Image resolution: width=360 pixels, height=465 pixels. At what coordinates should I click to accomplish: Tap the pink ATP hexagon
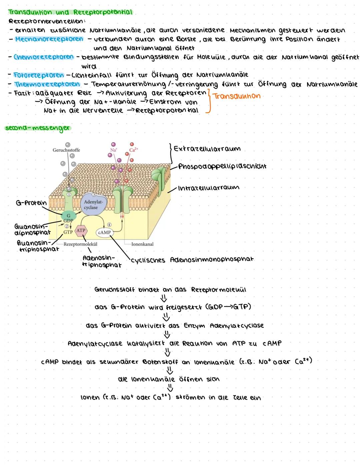[x=81, y=230]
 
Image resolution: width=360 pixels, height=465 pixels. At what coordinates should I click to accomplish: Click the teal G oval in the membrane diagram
[x=69, y=216]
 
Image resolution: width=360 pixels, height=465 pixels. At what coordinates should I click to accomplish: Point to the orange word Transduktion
[x=236, y=96]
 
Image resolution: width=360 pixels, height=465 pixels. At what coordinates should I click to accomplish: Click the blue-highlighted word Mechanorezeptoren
[x=49, y=39]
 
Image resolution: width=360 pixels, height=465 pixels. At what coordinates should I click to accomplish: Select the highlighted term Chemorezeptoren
[x=44, y=57]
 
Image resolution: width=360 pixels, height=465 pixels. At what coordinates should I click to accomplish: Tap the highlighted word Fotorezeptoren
[x=39, y=75]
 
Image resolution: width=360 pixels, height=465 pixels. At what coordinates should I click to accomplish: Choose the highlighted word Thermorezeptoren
[x=47, y=84]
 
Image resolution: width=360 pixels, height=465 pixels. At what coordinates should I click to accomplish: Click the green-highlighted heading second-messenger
[x=38, y=128]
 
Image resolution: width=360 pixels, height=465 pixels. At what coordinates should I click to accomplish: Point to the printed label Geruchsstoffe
[x=66, y=150]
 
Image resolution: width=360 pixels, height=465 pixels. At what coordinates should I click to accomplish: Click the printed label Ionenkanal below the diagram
[x=142, y=244]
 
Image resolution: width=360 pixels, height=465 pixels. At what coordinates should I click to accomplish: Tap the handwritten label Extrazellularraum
[x=207, y=149]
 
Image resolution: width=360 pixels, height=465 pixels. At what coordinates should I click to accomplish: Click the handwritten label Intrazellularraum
[x=209, y=188]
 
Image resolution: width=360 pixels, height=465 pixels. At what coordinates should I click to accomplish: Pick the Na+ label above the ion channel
[x=114, y=150]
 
